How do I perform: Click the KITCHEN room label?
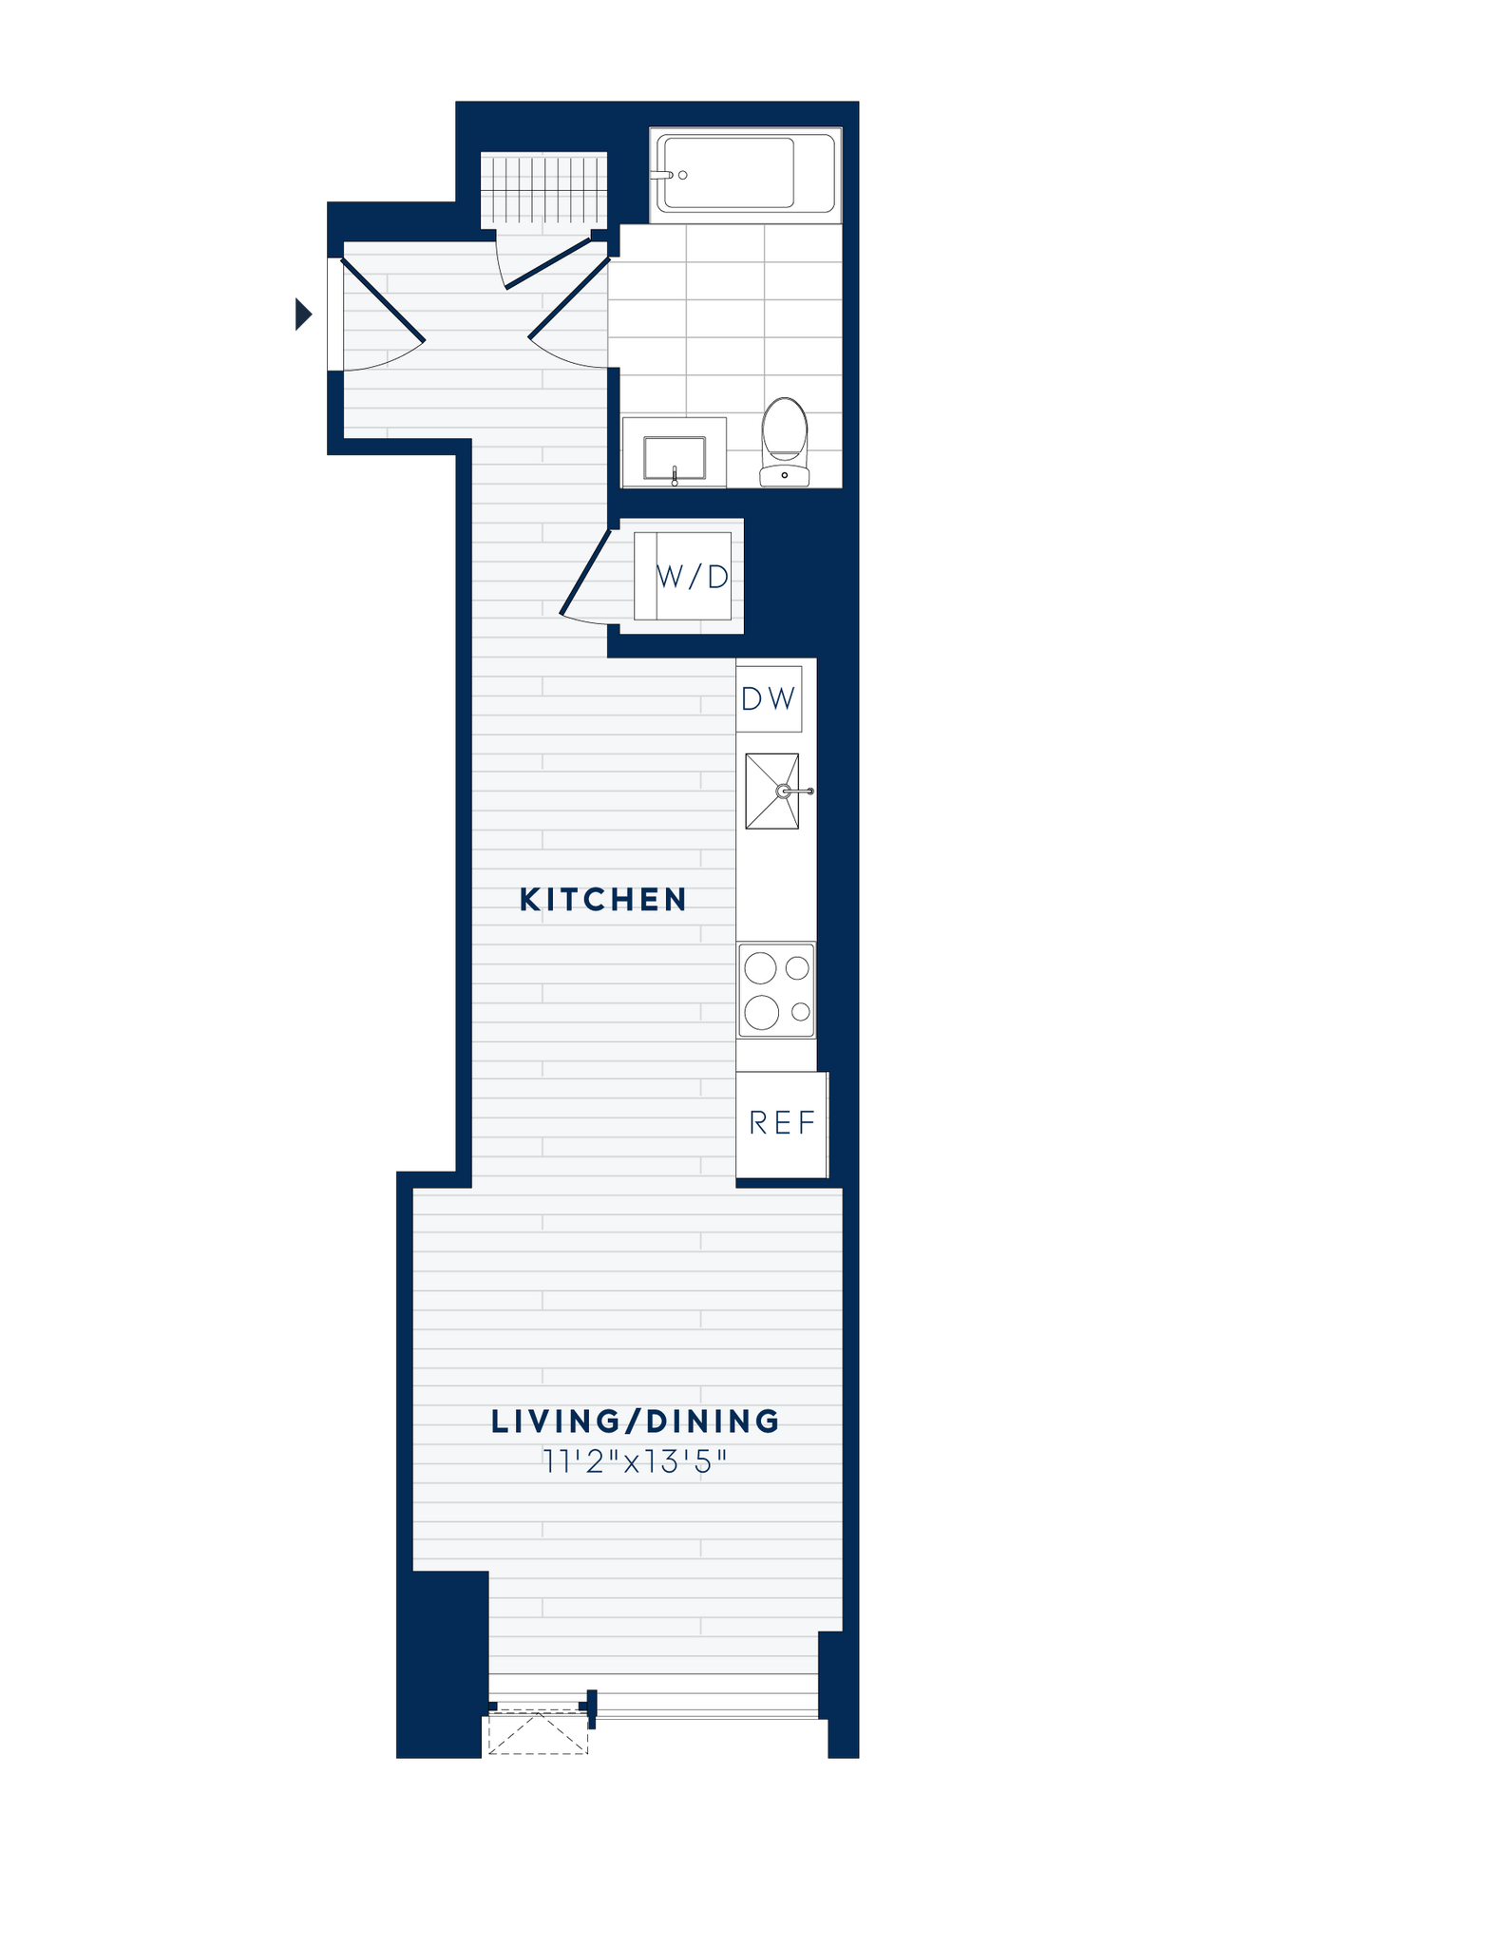coord(603,899)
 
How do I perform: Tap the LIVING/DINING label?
coord(636,1421)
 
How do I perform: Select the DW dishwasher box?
coord(769,699)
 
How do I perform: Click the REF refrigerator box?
coord(782,1123)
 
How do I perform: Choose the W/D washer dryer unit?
coord(693,577)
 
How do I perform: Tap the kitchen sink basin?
coord(771,791)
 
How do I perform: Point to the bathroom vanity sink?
coord(675,458)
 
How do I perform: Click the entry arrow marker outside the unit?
coord(304,314)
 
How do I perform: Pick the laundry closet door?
coord(584,573)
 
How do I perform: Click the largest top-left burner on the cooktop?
coord(761,968)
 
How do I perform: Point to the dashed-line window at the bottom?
coord(538,1735)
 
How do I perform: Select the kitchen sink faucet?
coord(794,791)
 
